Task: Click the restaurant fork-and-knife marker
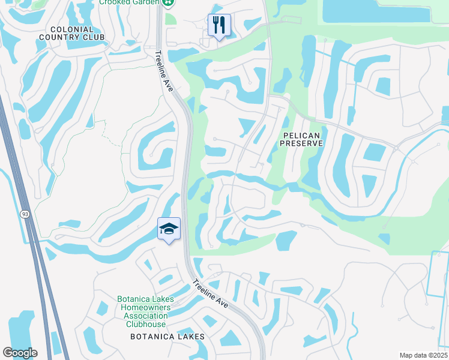coord(218,25)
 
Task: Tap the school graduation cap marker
coord(169,229)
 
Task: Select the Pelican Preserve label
coord(301,139)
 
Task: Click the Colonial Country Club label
coord(72,33)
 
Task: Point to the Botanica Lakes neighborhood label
coord(167,337)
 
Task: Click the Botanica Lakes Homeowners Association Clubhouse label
coord(146,311)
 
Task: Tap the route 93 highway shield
coord(25,214)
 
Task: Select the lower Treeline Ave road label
coord(211,294)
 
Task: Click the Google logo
coord(20,353)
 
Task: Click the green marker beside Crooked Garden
coord(169,2)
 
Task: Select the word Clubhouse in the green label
coord(146,324)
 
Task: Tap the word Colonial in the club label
coord(72,29)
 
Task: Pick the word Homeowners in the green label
coord(146,307)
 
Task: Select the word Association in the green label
coord(146,316)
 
